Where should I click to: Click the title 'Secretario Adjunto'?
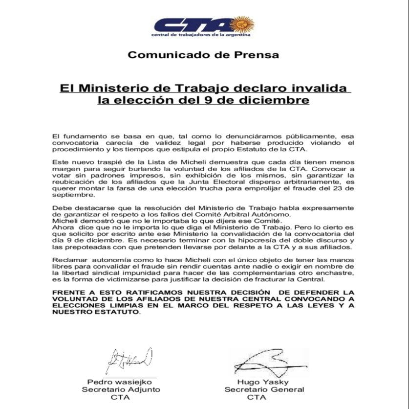pos(120,390)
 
